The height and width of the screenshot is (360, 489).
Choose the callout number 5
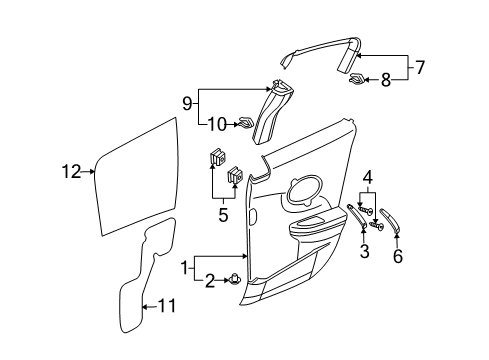point(223,213)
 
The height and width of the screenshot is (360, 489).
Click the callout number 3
point(364,252)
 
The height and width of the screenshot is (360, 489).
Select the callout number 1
point(184,269)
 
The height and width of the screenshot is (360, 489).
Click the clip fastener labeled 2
point(234,280)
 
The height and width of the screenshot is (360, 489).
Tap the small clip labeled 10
point(243,124)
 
